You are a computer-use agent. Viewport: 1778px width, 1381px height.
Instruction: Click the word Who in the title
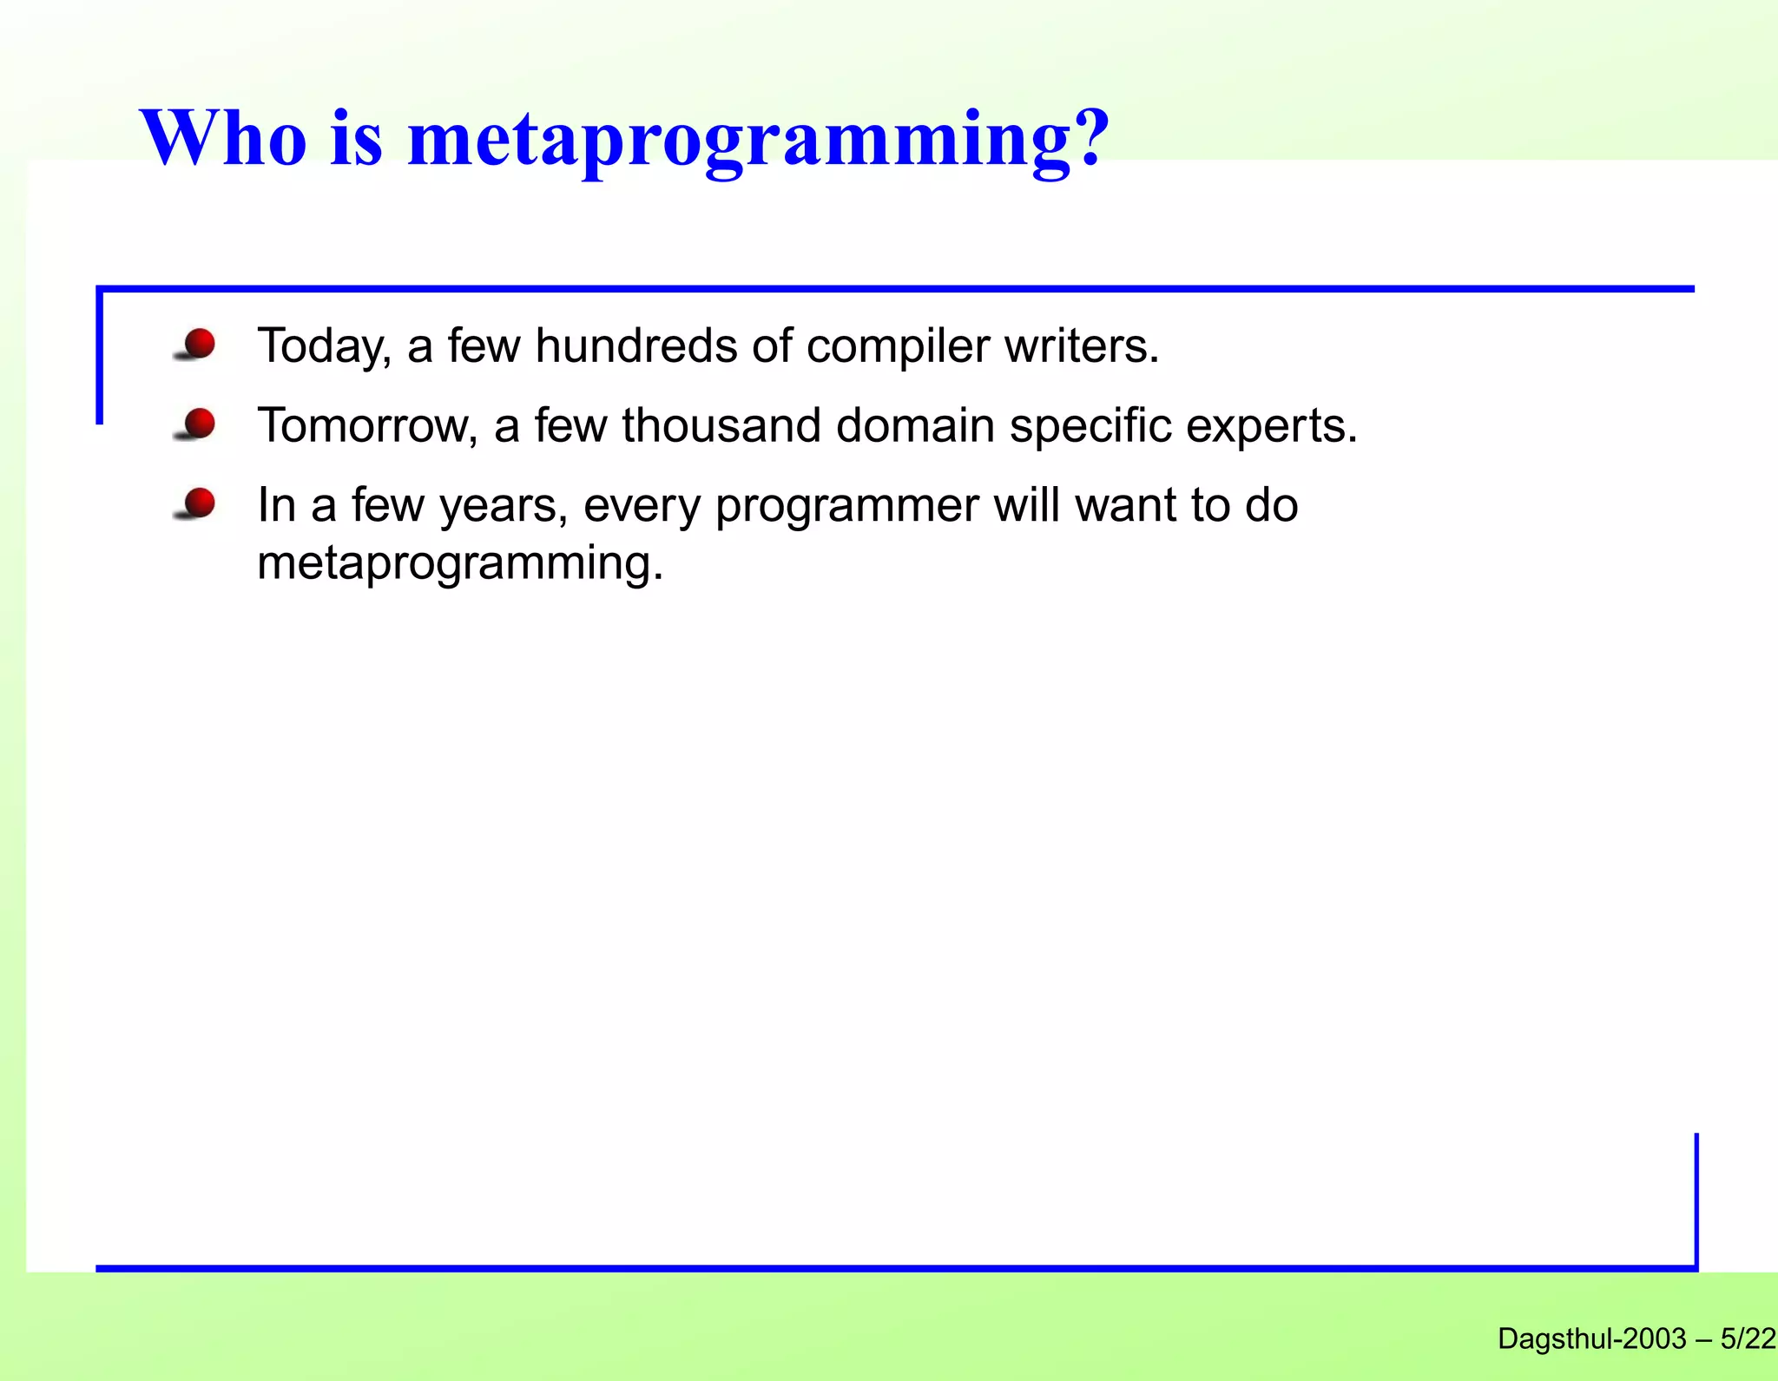(223, 139)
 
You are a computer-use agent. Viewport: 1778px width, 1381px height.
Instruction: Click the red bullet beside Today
(200, 344)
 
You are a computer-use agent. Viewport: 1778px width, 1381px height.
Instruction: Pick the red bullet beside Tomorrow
(200, 424)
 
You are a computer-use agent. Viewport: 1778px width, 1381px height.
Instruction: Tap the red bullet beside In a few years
(200, 503)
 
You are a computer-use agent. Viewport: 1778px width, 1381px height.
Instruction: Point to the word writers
(1081, 345)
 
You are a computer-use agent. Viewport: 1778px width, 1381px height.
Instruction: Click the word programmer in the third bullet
(846, 507)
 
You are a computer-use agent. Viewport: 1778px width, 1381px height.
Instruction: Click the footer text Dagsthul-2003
(1591, 1339)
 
